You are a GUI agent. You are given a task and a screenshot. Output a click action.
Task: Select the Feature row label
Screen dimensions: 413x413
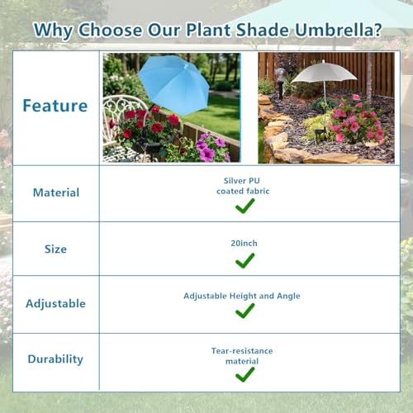click(55, 106)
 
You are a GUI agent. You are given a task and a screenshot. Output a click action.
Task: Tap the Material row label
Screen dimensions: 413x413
click(56, 192)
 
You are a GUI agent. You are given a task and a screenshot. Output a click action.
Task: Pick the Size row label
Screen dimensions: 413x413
click(56, 249)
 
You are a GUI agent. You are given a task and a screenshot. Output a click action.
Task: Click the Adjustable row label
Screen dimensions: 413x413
click(55, 303)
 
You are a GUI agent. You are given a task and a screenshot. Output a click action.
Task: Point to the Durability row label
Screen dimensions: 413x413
click(55, 359)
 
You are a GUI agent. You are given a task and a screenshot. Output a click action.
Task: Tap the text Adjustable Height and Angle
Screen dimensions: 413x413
click(241, 296)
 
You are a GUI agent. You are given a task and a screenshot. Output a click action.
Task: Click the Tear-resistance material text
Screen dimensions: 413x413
click(241, 356)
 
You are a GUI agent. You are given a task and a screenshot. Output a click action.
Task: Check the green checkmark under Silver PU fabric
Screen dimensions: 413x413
click(244, 206)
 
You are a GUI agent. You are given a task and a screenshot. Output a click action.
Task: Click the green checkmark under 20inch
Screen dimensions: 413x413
click(244, 261)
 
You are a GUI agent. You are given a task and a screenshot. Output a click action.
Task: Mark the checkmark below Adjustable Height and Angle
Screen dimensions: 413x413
click(244, 312)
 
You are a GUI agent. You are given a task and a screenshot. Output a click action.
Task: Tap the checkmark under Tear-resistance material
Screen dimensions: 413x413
click(244, 374)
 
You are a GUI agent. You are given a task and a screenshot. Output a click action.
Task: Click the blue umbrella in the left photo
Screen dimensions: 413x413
click(173, 83)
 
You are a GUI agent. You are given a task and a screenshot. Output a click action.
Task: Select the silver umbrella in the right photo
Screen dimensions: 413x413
click(325, 72)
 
